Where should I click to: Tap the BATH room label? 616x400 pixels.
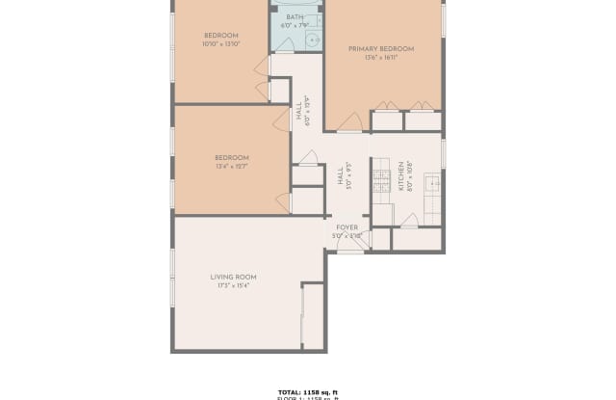pyautogui.click(x=295, y=16)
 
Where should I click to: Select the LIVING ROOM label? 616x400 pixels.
pyautogui.click(x=233, y=278)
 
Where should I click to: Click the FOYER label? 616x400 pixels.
pyautogui.click(x=346, y=227)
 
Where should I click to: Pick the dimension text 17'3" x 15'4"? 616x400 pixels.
pyautogui.click(x=233, y=286)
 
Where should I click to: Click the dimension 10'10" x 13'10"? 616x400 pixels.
pyautogui.click(x=220, y=43)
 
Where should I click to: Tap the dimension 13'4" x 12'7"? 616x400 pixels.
pyautogui.click(x=232, y=166)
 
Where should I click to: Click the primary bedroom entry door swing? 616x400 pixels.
pyautogui.click(x=350, y=122)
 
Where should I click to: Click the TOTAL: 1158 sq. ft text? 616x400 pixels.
pyautogui.click(x=309, y=390)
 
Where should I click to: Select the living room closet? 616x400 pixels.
pyautogui.click(x=313, y=315)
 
